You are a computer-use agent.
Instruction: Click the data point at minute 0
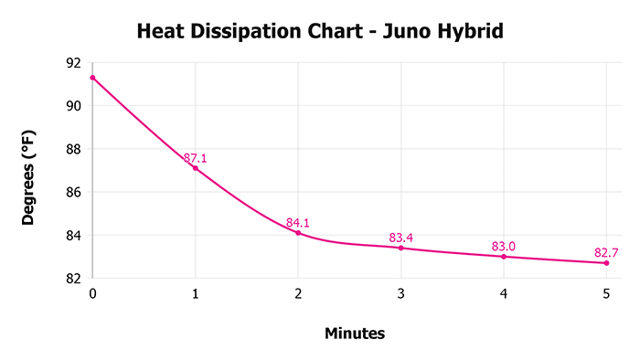click(92, 78)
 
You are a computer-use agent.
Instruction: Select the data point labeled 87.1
click(195, 168)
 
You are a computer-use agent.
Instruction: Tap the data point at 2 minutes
click(298, 233)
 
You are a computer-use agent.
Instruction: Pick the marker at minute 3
click(400, 248)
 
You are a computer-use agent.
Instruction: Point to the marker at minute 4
click(504, 257)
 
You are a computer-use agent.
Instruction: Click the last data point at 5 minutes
click(606, 263)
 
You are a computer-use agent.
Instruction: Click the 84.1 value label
click(298, 222)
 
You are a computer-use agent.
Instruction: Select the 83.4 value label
click(400, 238)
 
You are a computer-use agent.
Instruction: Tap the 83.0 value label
click(504, 246)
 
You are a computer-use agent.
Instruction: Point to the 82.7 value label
click(606, 252)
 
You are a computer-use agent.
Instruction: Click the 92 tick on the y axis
click(73, 63)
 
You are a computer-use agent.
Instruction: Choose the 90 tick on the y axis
click(73, 106)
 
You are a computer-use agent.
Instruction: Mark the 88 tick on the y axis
click(73, 149)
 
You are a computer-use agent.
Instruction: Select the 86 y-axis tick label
click(73, 192)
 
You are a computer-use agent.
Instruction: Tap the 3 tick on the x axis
click(400, 294)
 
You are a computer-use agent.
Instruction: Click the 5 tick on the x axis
click(606, 294)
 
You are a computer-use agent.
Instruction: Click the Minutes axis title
click(355, 334)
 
